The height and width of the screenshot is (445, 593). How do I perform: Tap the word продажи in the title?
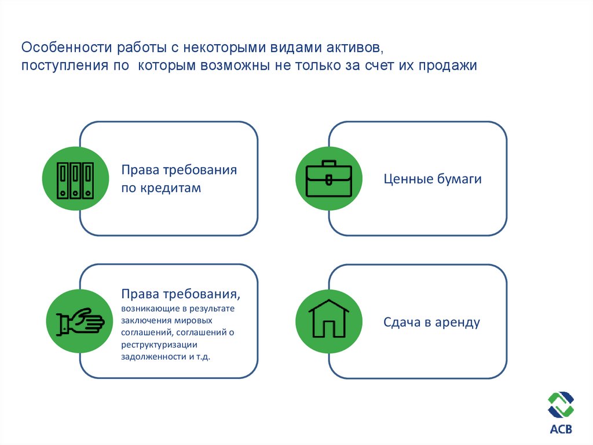click(x=445, y=66)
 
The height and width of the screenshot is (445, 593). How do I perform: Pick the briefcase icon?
click(x=328, y=179)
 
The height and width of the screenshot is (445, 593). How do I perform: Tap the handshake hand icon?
click(x=79, y=321)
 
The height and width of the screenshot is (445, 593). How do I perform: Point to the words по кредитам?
click(x=161, y=189)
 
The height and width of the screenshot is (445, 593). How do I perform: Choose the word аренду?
click(x=458, y=323)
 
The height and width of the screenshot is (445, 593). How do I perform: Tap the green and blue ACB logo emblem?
click(x=560, y=406)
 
